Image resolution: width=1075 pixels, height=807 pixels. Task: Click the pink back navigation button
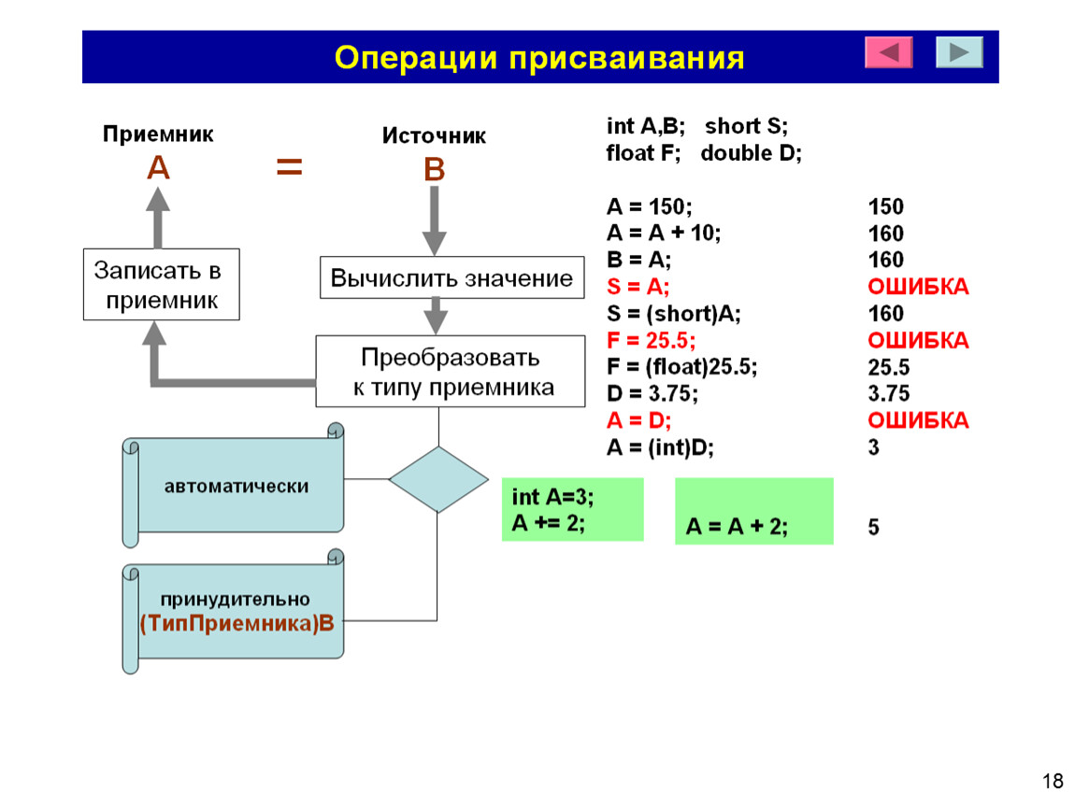pos(889,52)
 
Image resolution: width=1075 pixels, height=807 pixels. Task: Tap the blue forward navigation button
pos(959,52)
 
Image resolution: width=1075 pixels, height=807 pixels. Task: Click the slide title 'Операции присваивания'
pos(538,58)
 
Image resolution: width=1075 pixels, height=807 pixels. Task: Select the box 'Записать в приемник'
pos(161,284)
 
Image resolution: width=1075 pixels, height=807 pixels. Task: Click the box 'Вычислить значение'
pos(451,277)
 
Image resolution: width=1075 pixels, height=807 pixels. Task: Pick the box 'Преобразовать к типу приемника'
pos(451,372)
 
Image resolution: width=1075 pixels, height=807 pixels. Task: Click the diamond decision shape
pos(438,479)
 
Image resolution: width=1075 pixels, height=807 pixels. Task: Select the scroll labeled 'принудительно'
pos(233,611)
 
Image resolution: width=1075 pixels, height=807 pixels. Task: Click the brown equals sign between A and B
pos(290,167)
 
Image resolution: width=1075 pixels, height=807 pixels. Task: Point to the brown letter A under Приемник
pos(158,167)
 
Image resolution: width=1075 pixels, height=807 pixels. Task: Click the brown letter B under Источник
pos(434,169)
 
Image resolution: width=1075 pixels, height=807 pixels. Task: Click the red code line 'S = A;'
pos(638,287)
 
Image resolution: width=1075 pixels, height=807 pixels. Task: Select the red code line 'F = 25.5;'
pos(651,341)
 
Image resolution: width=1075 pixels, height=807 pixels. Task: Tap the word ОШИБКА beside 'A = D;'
pos(918,420)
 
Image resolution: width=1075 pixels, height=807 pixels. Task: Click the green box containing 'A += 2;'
pos(572,510)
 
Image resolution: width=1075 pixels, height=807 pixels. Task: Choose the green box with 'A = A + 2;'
pos(754,511)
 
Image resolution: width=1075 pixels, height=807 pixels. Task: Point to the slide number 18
pos(1053,781)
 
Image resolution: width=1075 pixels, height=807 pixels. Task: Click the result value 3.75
pos(889,394)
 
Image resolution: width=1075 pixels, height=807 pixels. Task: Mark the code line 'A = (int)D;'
pos(660,448)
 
